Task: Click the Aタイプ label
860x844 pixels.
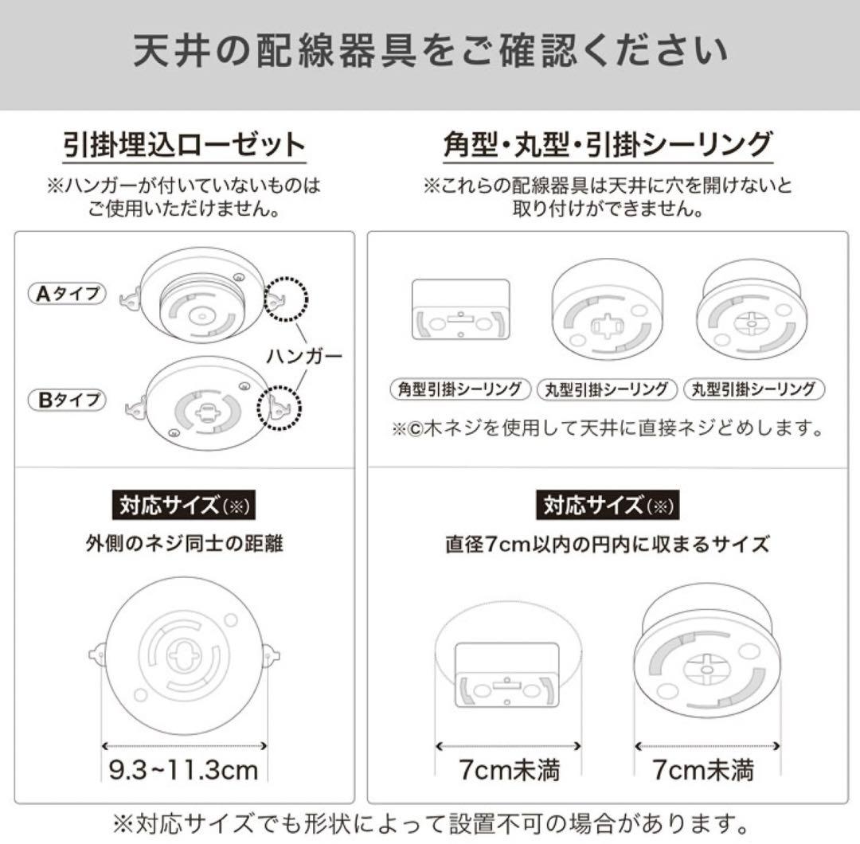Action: point(68,294)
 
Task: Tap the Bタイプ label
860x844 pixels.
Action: point(68,399)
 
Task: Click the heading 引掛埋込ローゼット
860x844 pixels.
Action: point(184,146)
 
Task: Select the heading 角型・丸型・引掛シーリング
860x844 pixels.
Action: point(608,146)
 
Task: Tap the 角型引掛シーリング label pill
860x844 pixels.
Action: point(461,389)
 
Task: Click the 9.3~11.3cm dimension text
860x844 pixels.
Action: point(184,770)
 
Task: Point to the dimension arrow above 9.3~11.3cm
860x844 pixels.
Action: point(184,746)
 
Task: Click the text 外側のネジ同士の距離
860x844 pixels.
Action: point(184,545)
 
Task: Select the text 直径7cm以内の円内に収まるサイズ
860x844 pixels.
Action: point(608,545)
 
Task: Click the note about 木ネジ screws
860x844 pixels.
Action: point(608,429)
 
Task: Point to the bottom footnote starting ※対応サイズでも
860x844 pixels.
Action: point(430,820)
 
